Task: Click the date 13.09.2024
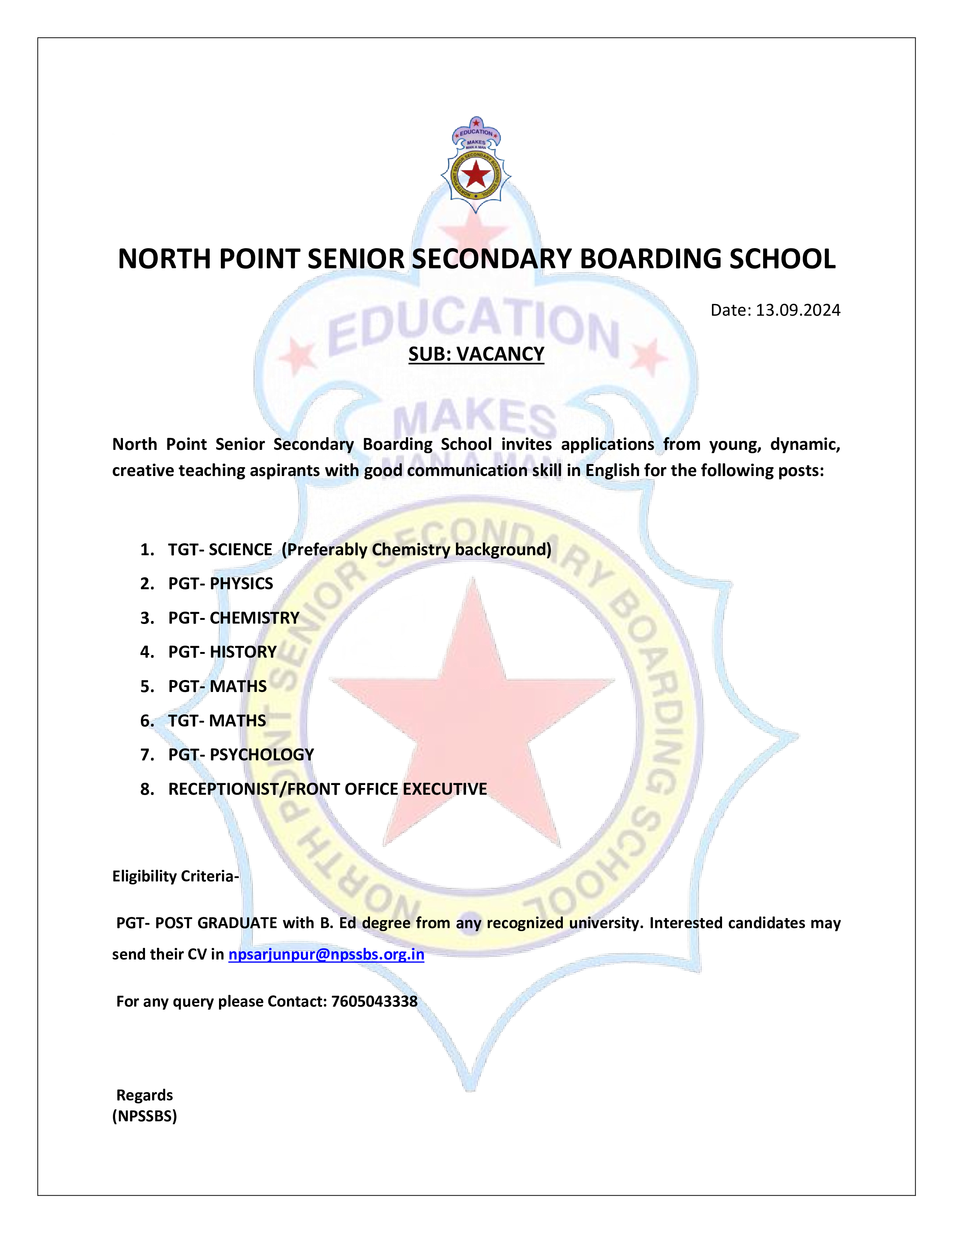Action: tap(798, 310)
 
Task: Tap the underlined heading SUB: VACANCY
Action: tap(476, 354)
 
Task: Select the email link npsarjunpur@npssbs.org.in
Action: tap(326, 954)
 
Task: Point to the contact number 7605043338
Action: tap(374, 1001)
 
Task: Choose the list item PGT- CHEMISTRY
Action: tap(233, 618)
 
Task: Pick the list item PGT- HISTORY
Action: tap(222, 652)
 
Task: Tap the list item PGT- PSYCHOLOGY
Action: tap(241, 754)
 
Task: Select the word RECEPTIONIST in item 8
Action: tap(223, 789)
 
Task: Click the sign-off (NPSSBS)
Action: tap(145, 1116)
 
